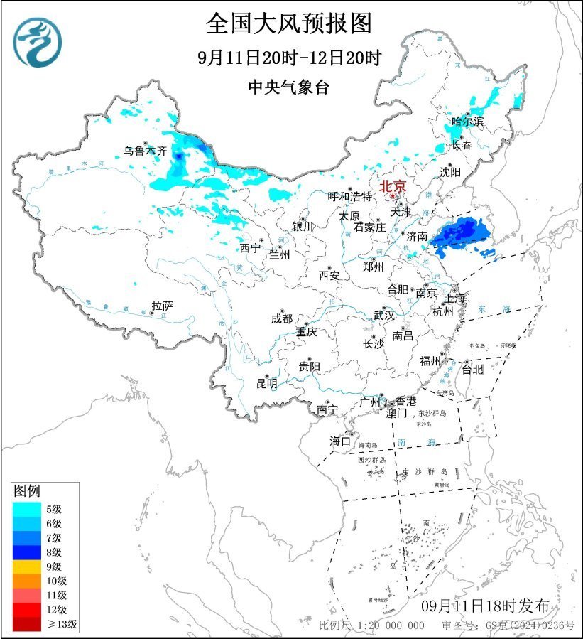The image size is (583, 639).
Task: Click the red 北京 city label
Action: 393,186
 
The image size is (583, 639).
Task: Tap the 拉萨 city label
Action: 163,305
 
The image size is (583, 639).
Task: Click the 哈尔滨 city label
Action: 468,122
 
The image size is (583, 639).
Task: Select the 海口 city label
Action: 340,441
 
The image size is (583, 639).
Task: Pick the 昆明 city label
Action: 267,384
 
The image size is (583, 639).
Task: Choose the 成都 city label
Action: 281,318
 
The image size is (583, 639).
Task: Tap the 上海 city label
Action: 455,299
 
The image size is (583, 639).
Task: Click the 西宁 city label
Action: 250,248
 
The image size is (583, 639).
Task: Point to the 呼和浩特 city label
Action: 349,196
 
